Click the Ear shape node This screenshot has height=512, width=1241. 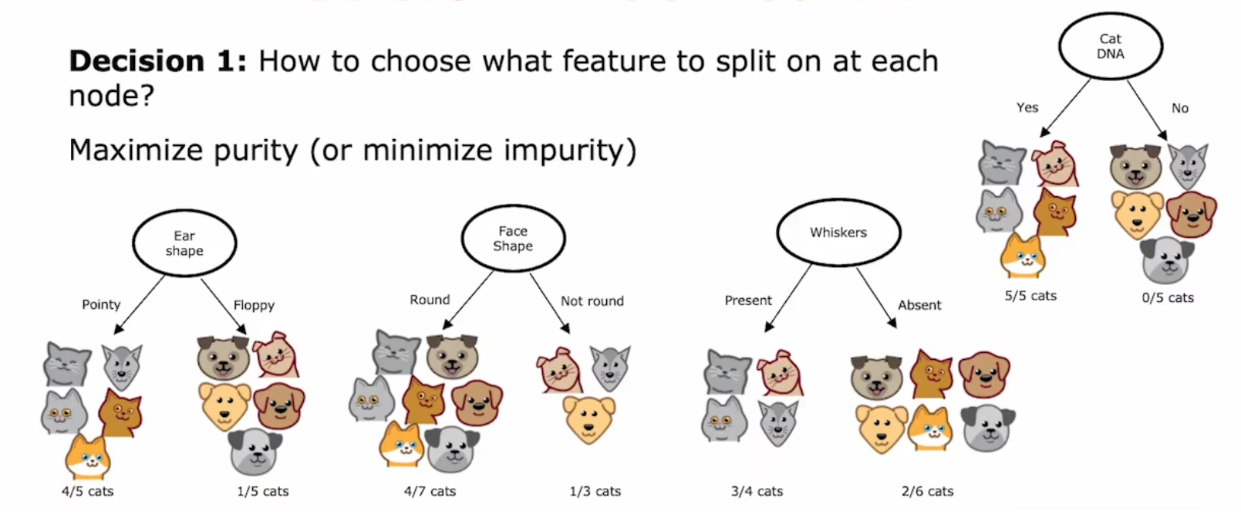(x=184, y=243)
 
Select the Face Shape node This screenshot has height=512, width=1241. (x=513, y=239)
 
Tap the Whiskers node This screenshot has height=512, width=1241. (x=839, y=232)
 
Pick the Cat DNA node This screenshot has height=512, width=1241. (x=1110, y=46)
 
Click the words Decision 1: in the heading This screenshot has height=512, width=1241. (x=158, y=61)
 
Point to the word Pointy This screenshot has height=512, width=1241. (x=101, y=304)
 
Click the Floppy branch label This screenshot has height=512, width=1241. (x=254, y=305)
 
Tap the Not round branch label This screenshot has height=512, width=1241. (x=592, y=300)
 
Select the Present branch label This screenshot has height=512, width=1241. (x=748, y=300)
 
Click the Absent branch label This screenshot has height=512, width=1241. (x=919, y=305)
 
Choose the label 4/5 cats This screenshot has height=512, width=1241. (x=87, y=491)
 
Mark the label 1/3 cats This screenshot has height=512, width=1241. (x=595, y=491)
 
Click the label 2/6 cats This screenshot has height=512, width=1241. (x=927, y=491)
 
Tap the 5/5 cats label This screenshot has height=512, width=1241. (x=1030, y=296)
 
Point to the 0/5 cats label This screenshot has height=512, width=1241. (x=1168, y=298)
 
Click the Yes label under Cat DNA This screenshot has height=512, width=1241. (x=1027, y=107)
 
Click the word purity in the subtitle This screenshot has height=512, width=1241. (x=255, y=151)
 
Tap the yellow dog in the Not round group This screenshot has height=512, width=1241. (x=589, y=419)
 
